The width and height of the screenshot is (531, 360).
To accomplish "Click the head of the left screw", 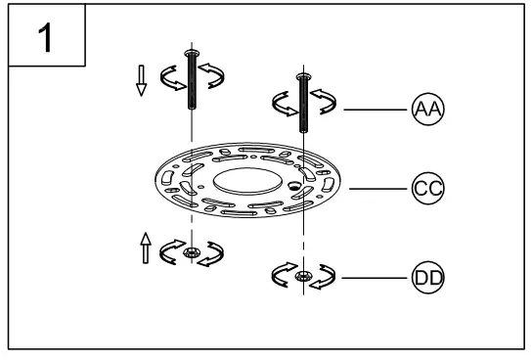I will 192,51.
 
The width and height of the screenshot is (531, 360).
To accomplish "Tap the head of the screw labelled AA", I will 304,76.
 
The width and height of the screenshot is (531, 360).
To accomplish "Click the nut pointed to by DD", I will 305,277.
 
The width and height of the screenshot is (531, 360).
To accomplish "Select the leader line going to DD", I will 377,277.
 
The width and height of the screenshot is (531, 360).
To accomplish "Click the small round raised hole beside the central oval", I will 292,184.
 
